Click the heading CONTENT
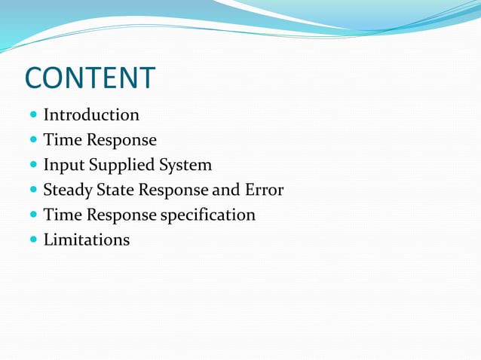[x=90, y=78]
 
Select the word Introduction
[x=91, y=115]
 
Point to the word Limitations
[x=86, y=240]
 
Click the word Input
[x=63, y=165]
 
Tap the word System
[x=185, y=165]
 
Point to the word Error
[x=263, y=190]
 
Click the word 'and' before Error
[x=225, y=190]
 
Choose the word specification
[x=207, y=215]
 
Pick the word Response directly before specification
[x=121, y=215]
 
